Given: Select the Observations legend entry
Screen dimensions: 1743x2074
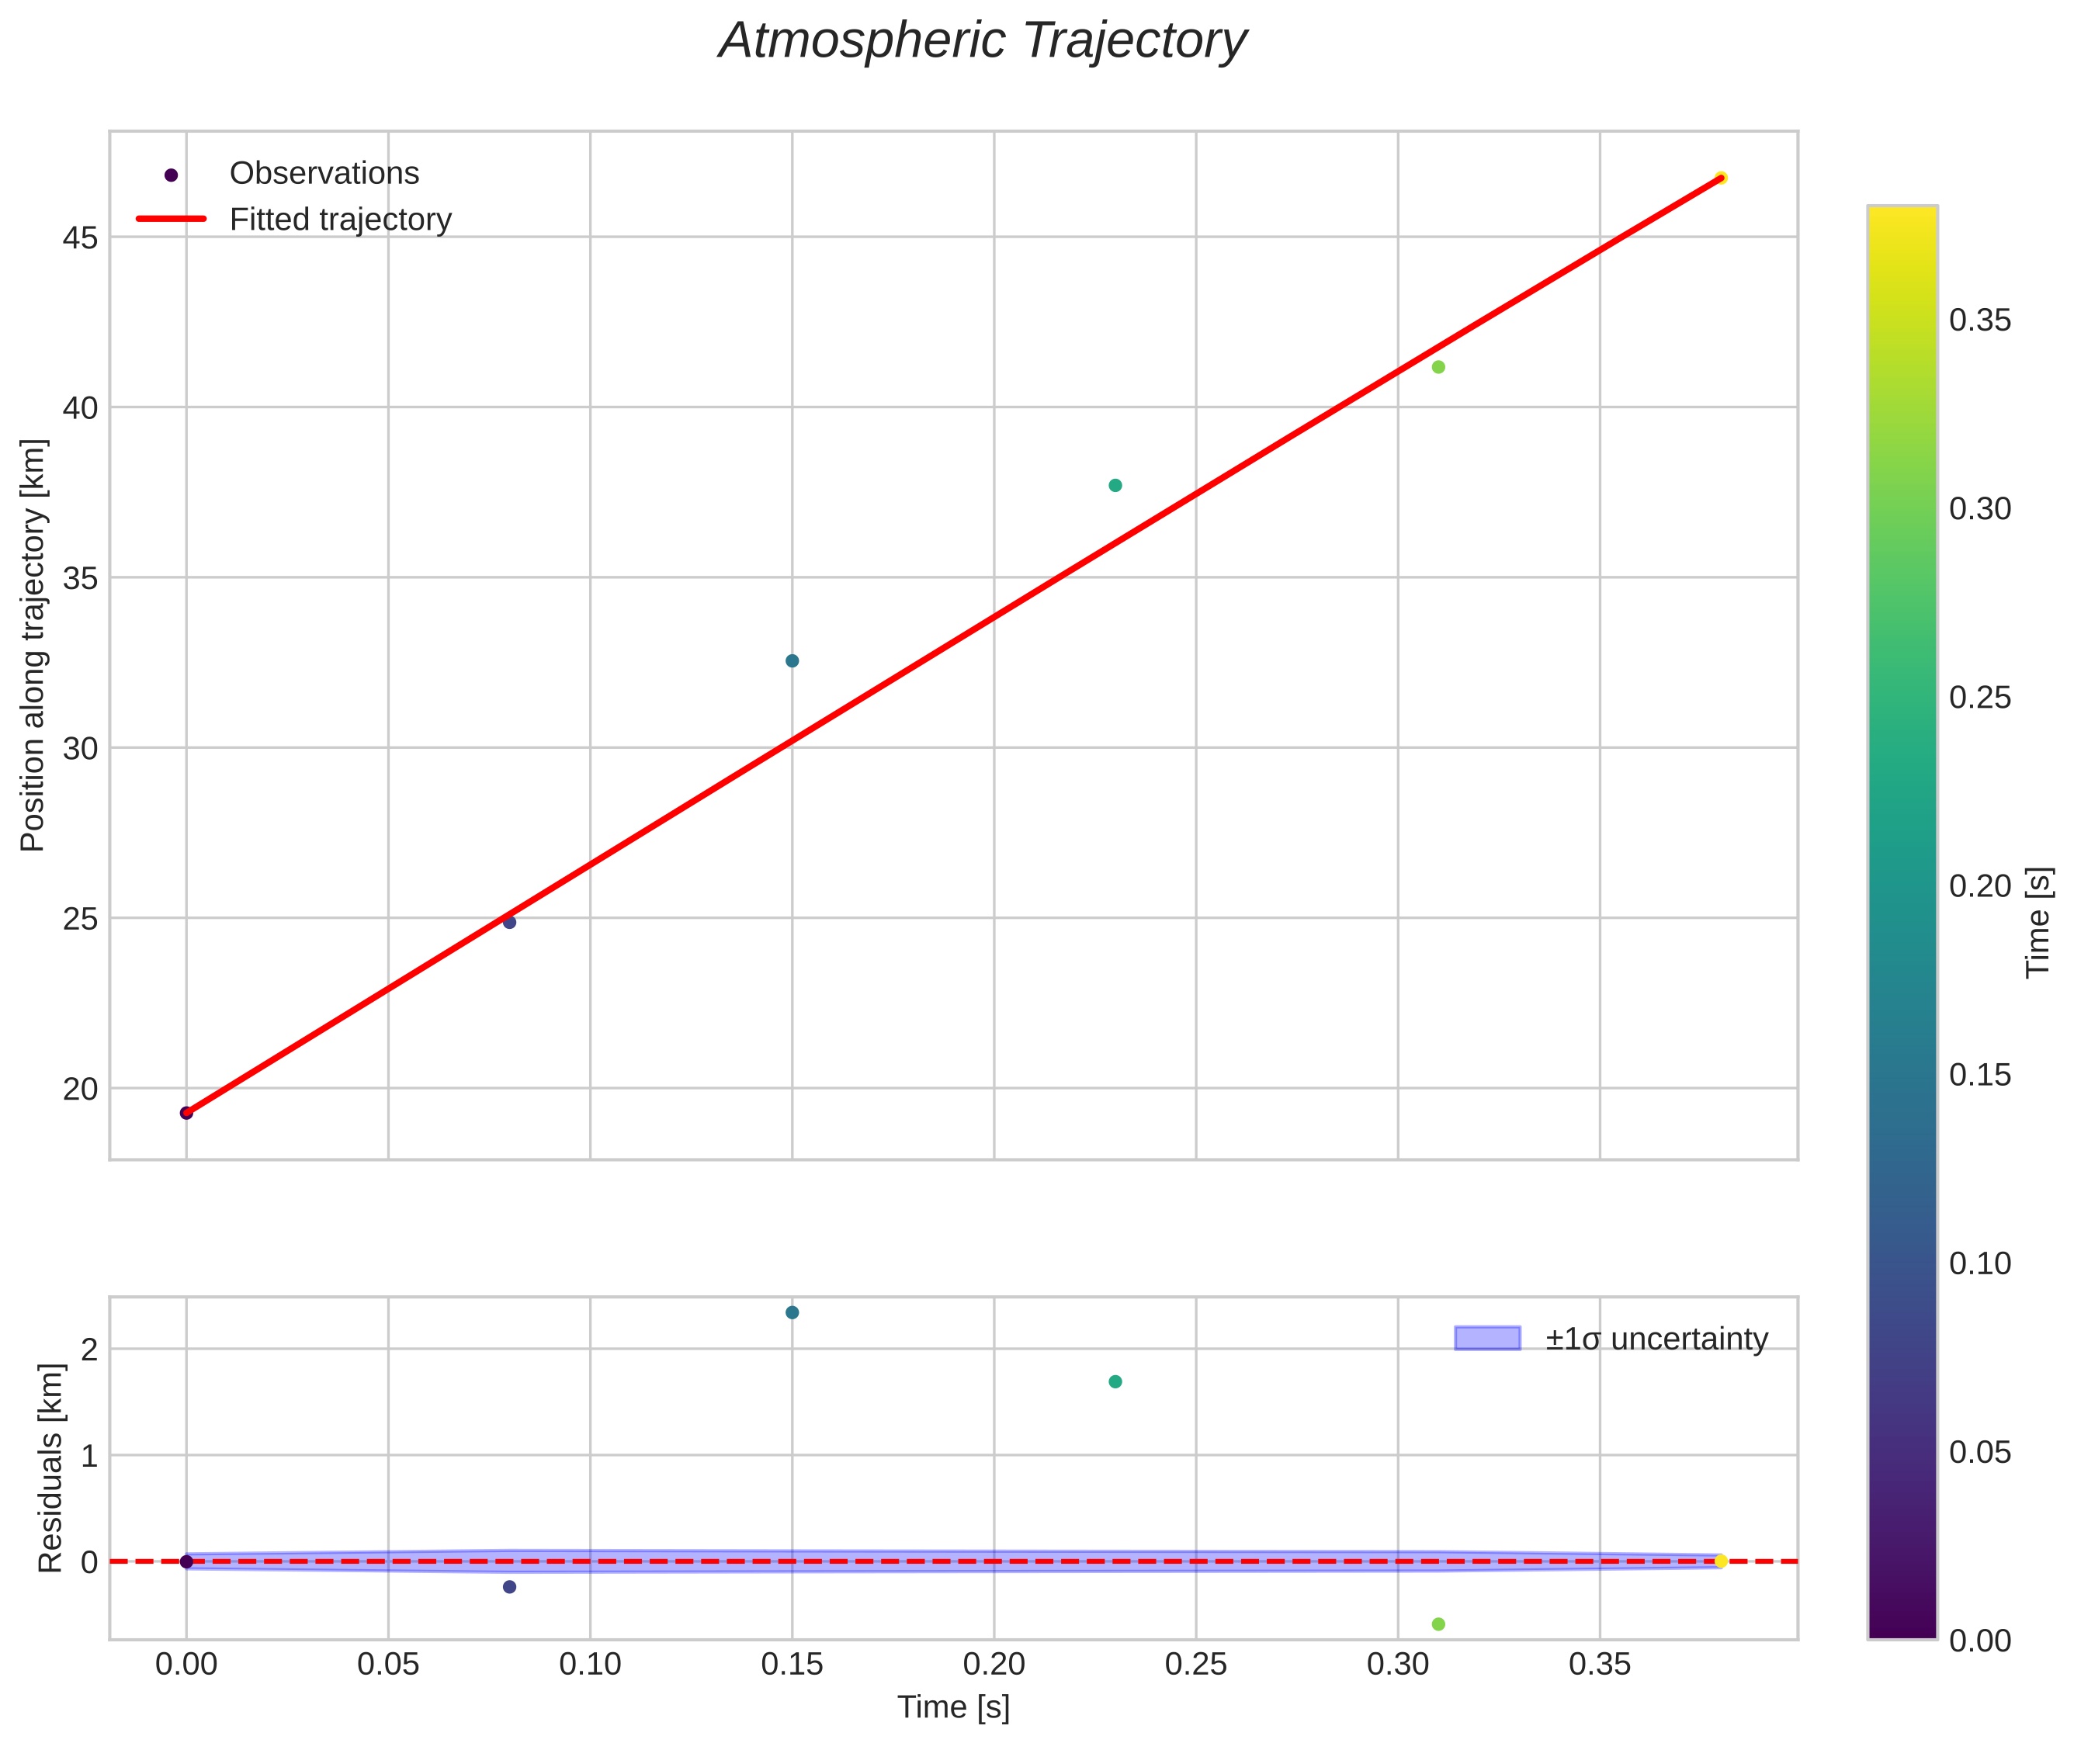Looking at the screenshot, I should pyautogui.click(x=324, y=174).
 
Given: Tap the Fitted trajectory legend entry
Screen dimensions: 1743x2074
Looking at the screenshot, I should pyautogui.click(x=340, y=220).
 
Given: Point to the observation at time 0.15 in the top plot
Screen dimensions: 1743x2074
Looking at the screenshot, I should pyautogui.click(x=792, y=660).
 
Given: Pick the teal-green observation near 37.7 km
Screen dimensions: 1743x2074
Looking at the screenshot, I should pyautogui.click(x=1115, y=485).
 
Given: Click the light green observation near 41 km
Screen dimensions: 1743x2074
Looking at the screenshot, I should pyautogui.click(x=1438, y=366).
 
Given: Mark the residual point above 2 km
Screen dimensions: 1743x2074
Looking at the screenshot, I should pyautogui.click(x=792, y=1312).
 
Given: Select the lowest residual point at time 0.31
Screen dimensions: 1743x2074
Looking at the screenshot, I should pyautogui.click(x=1438, y=1623).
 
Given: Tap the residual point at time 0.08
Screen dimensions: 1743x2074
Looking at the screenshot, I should pyautogui.click(x=509, y=1587).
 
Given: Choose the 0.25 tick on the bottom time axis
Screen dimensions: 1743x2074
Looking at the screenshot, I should pyautogui.click(x=1195, y=1665).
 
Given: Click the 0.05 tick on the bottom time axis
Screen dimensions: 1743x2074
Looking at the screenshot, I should pyautogui.click(x=388, y=1665).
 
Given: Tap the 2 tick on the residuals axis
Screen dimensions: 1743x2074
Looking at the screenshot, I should pyautogui.click(x=89, y=1350).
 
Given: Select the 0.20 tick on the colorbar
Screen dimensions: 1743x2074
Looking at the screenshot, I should pyautogui.click(x=1979, y=886).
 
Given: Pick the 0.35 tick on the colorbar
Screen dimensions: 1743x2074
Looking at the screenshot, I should pyautogui.click(x=1979, y=321).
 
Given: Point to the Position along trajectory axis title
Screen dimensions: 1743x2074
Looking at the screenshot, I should pyautogui.click(x=33, y=645).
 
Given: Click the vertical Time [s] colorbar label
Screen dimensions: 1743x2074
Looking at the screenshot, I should pyautogui.click(x=2038, y=922).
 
